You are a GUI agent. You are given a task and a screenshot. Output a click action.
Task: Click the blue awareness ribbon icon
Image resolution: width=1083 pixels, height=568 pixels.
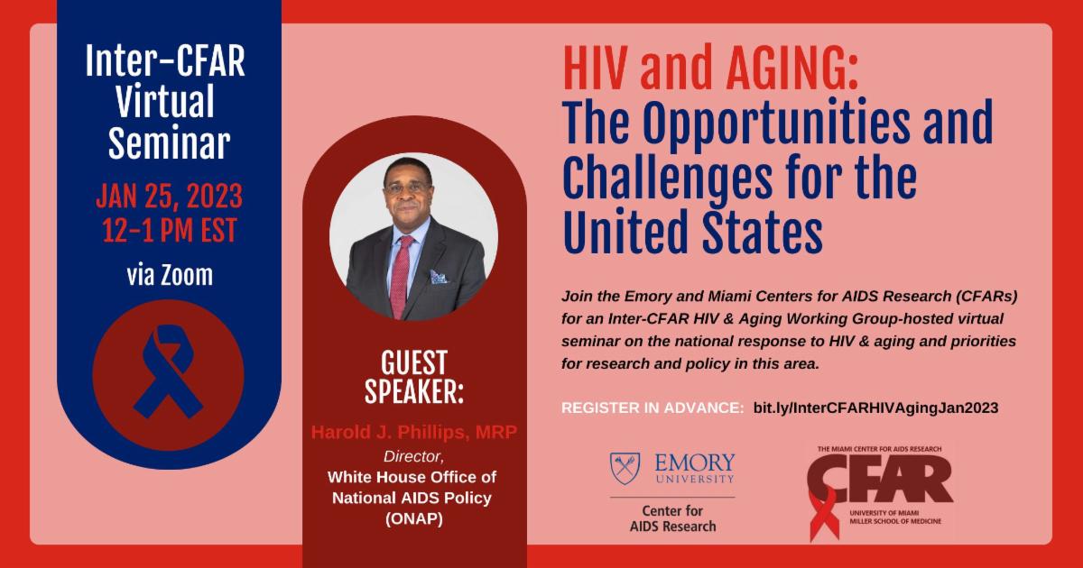tap(168, 371)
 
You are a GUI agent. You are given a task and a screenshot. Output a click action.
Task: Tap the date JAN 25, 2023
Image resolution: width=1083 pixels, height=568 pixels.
tap(170, 197)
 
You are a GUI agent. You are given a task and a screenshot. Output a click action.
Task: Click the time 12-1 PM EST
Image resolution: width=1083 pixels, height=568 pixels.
tap(170, 230)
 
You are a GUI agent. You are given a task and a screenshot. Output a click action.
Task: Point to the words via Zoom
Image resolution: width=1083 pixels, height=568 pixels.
tap(170, 275)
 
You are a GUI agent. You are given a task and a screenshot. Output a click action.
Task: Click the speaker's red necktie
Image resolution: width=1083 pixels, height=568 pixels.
tap(401, 277)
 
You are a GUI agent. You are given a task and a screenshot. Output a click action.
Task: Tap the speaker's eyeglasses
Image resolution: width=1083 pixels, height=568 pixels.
tap(407, 188)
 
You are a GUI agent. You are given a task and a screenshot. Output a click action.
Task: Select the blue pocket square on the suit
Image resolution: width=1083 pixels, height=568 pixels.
tap(439, 277)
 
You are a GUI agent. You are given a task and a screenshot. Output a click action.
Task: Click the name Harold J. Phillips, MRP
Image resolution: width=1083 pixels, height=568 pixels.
tap(414, 432)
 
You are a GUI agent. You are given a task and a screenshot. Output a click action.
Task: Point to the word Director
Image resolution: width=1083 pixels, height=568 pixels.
tap(413, 456)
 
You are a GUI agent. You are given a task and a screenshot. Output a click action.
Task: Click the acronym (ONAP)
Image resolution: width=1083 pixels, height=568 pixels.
tap(414, 518)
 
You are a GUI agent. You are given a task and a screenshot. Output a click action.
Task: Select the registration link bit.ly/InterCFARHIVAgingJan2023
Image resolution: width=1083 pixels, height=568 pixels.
tap(875, 408)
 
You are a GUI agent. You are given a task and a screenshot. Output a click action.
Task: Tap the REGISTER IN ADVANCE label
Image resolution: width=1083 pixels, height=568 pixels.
tap(653, 408)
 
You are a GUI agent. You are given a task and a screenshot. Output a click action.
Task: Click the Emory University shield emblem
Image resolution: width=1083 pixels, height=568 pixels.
tap(625, 468)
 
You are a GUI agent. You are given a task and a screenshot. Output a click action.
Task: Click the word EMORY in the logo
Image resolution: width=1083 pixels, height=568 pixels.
tap(694, 463)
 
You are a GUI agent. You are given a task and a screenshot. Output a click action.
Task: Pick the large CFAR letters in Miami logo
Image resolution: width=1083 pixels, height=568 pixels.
tap(879, 479)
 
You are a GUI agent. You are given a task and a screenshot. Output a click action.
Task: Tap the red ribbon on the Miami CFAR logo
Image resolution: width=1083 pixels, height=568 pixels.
tap(823, 515)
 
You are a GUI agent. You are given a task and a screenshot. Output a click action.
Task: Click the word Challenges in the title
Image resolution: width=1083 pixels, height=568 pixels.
tap(667, 179)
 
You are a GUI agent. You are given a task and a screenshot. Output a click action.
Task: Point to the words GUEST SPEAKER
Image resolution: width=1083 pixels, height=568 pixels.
tap(414, 377)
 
